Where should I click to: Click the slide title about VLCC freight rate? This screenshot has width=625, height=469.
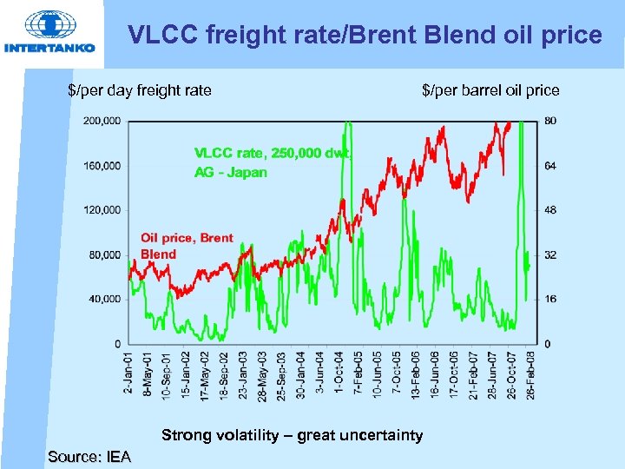click(x=365, y=35)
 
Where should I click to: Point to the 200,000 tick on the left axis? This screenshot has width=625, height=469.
click(x=102, y=121)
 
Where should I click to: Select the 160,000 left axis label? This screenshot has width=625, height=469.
click(x=102, y=165)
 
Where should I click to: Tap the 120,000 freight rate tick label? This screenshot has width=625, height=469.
click(x=102, y=210)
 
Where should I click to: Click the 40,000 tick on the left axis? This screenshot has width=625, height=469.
click(x=104, y=299)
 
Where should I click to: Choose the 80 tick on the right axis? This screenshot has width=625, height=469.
click(x=550, y=121)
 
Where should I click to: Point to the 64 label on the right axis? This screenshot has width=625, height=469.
click(x=550, y=165)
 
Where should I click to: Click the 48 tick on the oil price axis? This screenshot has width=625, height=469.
click(x=550, y=210)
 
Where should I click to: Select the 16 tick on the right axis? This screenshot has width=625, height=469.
click(x=550, y=299)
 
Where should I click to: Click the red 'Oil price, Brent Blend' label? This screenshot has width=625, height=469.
click(x=187, y=246)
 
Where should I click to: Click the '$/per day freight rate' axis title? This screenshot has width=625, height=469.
click(x=140, y=89)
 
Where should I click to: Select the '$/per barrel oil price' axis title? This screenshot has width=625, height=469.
click(x=490, y=89)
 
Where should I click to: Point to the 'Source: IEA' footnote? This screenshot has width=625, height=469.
click(x=89, y=457)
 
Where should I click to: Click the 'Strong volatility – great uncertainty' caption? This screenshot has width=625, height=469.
click(x=293, y=435)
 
